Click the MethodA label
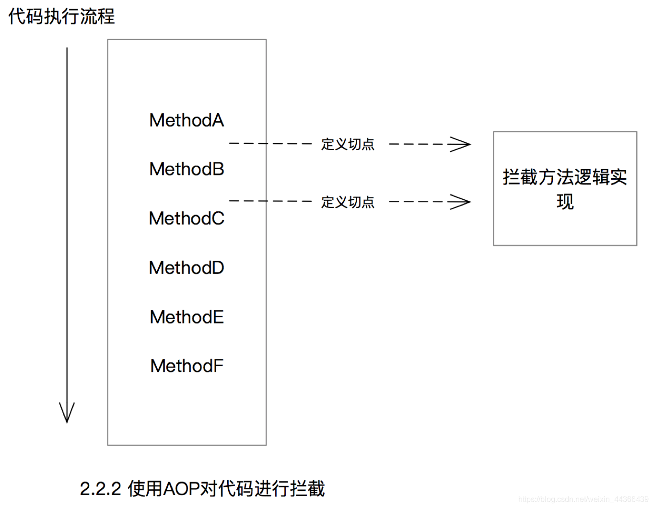tap(187, 120)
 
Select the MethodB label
tap(187, 169)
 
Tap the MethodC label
tap(187, 219)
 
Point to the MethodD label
tap(187, 268)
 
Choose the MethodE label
tap(187, 317)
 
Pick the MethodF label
tap(187, 366)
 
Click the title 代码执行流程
tap(61, 16)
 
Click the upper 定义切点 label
tap(348, 144)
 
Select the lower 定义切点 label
tap(348, 202)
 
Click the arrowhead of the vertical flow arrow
tap(67, 413)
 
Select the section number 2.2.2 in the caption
tap(100, 489)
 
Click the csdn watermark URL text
tap(583, 499)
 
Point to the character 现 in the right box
tap(565, 202)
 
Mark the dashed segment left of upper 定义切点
tap(270, 143)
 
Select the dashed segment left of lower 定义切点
tap(270, 201)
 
